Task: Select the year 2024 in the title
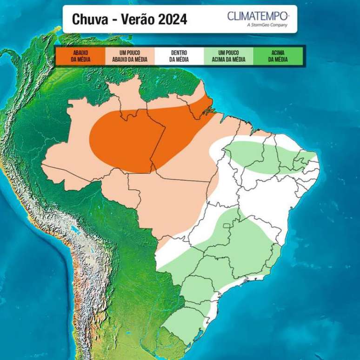click(172, 20)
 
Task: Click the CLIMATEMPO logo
click(258, 16)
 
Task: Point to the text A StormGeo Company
click(267, 25)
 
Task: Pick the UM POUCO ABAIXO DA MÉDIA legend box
click(130, 56)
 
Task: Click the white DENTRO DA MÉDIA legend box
click(179, 56)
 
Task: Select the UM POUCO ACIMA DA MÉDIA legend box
click(228, 56)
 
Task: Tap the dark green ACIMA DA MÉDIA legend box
click(278, 56)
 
